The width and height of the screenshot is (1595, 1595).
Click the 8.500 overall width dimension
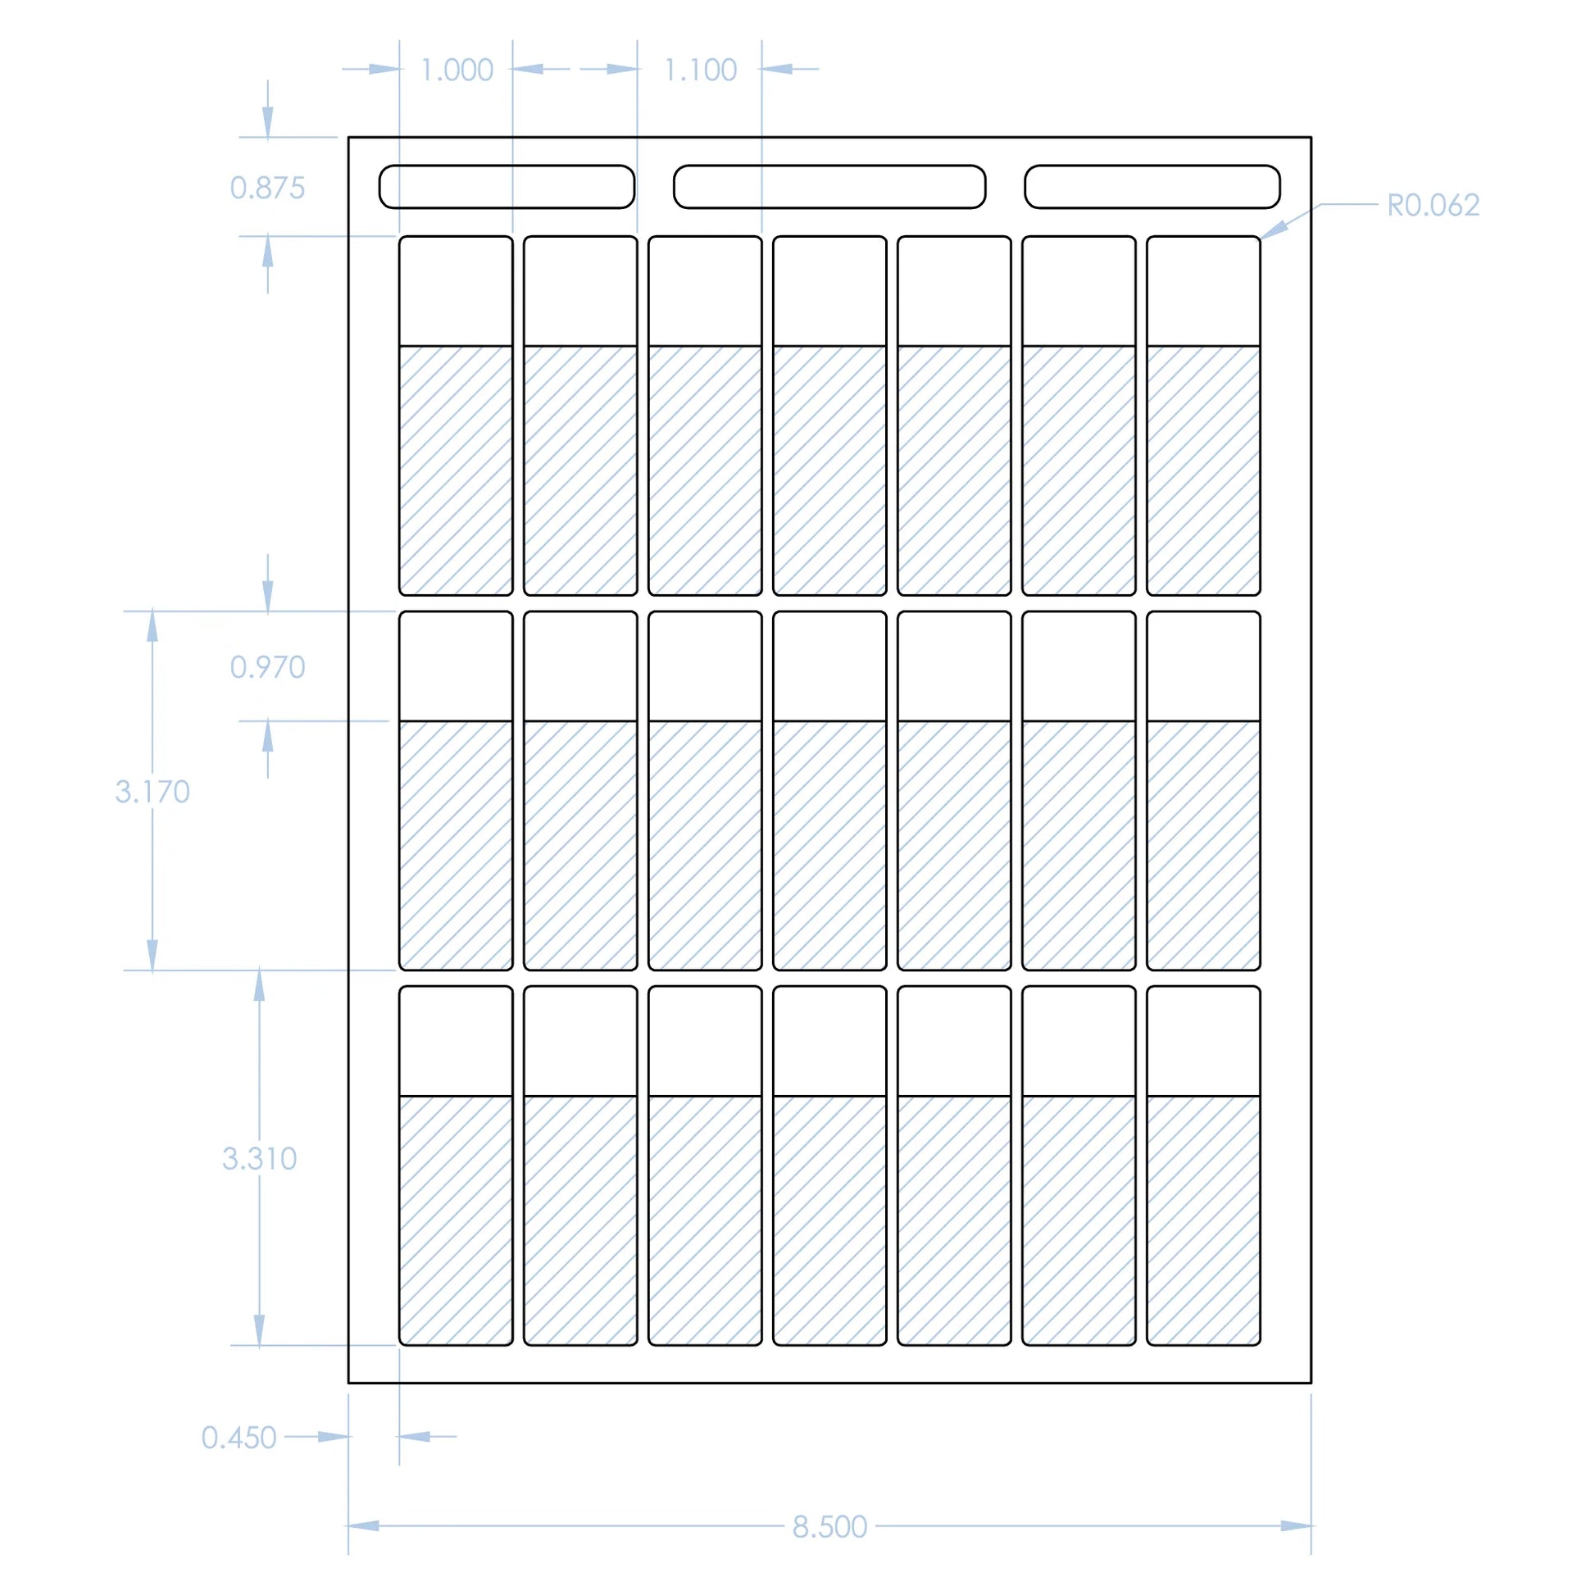coord(829,1527)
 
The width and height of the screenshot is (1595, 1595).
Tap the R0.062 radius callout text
coord(1433,206)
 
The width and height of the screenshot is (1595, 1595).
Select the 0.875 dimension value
coord(267,189)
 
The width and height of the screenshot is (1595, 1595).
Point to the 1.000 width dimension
coord(457,70)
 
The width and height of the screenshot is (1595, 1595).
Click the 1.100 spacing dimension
coord(700,70)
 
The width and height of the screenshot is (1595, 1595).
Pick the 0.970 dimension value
coord(267,667)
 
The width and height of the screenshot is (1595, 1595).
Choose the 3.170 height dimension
coord(152,792)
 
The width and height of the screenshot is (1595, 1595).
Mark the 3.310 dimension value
coord(259,1159)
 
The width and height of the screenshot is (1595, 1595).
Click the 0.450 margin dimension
coord(239,1438)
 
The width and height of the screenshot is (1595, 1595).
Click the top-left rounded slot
coord(507,187)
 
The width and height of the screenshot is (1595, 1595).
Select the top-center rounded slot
coord(829,187)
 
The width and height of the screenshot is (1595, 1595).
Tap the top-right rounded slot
coord(1152,187)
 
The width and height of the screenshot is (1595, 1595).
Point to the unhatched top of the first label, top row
coord(456,291)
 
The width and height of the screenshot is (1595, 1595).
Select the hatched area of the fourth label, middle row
coord(829,844)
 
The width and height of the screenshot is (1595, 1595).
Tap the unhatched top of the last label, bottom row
coord(1203,1041)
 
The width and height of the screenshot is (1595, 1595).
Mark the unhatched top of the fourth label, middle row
coord(829,666)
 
